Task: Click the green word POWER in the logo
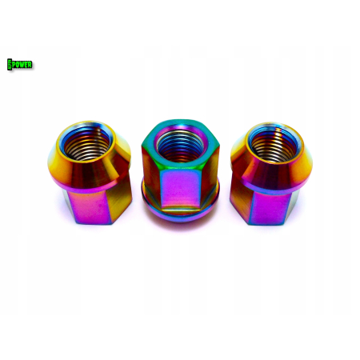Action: coord(22,65)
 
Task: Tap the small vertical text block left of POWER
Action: coord(10,65)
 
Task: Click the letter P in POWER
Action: coord(14,65)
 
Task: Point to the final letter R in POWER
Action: coord(30,65)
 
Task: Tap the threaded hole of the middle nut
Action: coord(180,146)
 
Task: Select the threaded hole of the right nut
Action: coord(274,144)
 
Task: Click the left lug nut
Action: coord(90,173)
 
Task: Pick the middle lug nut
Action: coord(181,171)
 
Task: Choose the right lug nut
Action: coord(271,174)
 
